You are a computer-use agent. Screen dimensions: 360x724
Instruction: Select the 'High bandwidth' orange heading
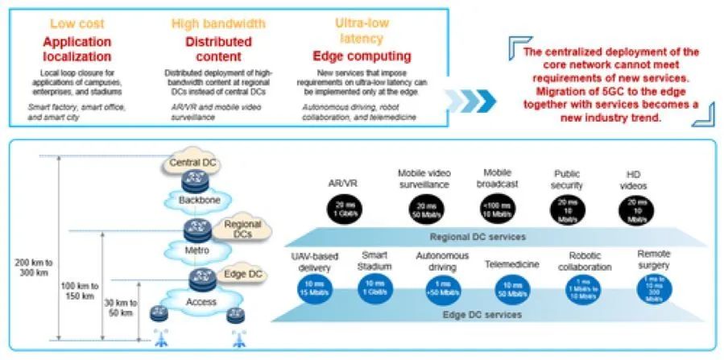tap(208, 24)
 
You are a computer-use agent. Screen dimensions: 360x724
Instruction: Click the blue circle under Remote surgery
tap(653, 289)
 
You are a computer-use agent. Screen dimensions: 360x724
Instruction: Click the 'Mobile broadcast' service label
tap(498, 178)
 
